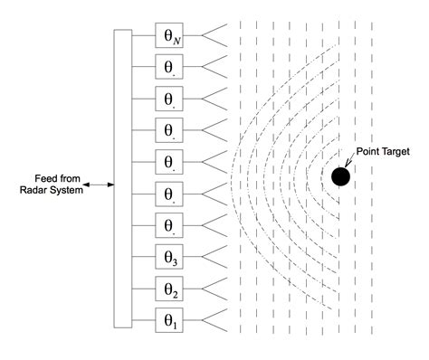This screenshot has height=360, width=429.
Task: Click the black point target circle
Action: point(340,177)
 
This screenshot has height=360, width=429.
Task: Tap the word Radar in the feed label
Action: point(34,190)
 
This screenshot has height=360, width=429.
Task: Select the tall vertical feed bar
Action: point(122,178)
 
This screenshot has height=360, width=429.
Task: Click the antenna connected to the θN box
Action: point(214,36)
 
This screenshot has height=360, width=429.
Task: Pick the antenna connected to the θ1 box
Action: point(214,320)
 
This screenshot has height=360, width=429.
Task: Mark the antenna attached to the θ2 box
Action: point(214,289)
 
